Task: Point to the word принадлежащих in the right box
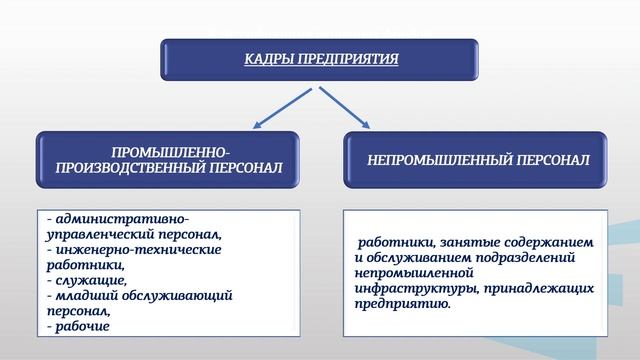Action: pyautogui.click(x=539, y=288)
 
